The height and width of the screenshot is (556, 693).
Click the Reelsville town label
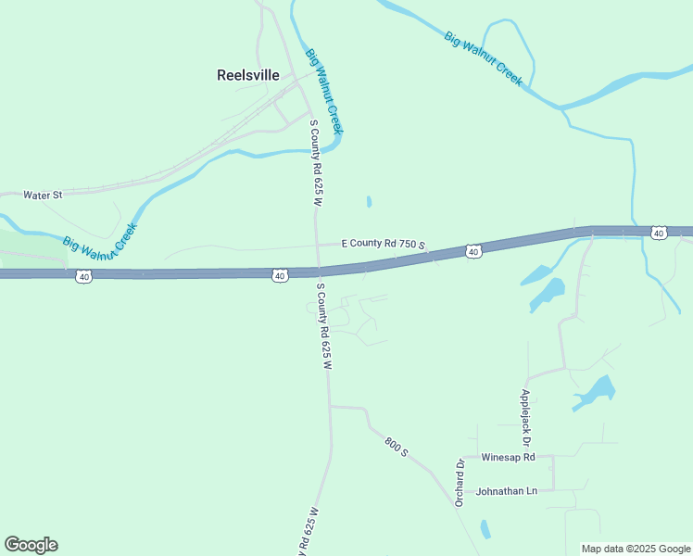247,75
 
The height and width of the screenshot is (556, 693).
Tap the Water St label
43,196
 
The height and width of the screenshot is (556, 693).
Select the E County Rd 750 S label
383,244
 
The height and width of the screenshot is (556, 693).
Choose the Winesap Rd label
509,457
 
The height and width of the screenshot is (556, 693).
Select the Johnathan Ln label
506,490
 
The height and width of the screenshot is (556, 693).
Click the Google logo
31,545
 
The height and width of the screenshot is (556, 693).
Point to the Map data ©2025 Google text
636,549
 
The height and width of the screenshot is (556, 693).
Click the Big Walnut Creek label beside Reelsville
324,91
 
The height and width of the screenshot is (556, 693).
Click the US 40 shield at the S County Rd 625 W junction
280,276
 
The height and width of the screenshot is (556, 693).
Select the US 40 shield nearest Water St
83,276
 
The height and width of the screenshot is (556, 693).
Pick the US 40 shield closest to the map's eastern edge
658,233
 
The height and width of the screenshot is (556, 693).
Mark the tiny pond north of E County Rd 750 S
369,201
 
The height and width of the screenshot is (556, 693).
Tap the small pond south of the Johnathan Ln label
485,529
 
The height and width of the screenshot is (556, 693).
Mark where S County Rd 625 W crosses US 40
318,272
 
